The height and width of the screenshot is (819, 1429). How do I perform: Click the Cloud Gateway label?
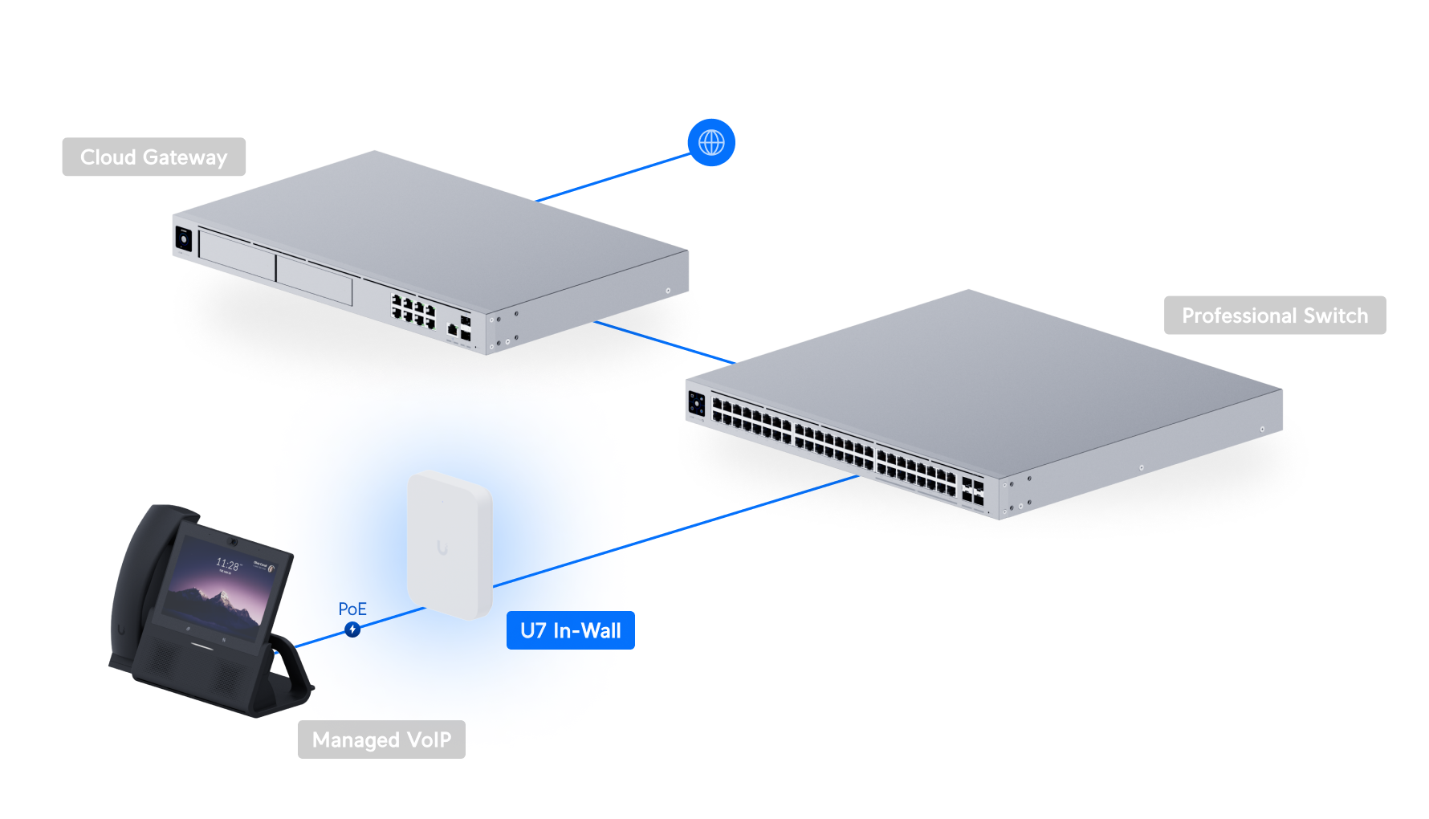click(153, 157)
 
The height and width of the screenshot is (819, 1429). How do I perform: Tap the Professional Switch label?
click(1274, 316)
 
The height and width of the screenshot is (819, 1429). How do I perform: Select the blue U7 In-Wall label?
click(570, 630)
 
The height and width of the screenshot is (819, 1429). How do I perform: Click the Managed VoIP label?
click(381, 740)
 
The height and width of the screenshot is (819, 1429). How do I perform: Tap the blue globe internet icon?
click(711, 143)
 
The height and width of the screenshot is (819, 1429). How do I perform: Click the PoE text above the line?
click(352, 609)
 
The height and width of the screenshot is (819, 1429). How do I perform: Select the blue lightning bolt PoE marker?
click(352, 630)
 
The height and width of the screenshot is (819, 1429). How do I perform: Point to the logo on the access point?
click(442, 548)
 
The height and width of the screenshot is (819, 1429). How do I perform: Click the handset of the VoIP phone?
click(140, 578)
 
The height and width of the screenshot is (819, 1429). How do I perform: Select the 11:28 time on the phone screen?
click(228, 564)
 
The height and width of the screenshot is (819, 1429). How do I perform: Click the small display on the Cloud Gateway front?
click(184, 238)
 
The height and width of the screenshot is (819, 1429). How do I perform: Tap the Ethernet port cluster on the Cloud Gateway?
click(413, 311)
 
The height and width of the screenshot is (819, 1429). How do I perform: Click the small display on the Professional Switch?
click(696, 404)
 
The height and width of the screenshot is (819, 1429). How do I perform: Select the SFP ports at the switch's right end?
click(972, 491)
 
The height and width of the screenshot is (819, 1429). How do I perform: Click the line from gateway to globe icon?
click(614, 177)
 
